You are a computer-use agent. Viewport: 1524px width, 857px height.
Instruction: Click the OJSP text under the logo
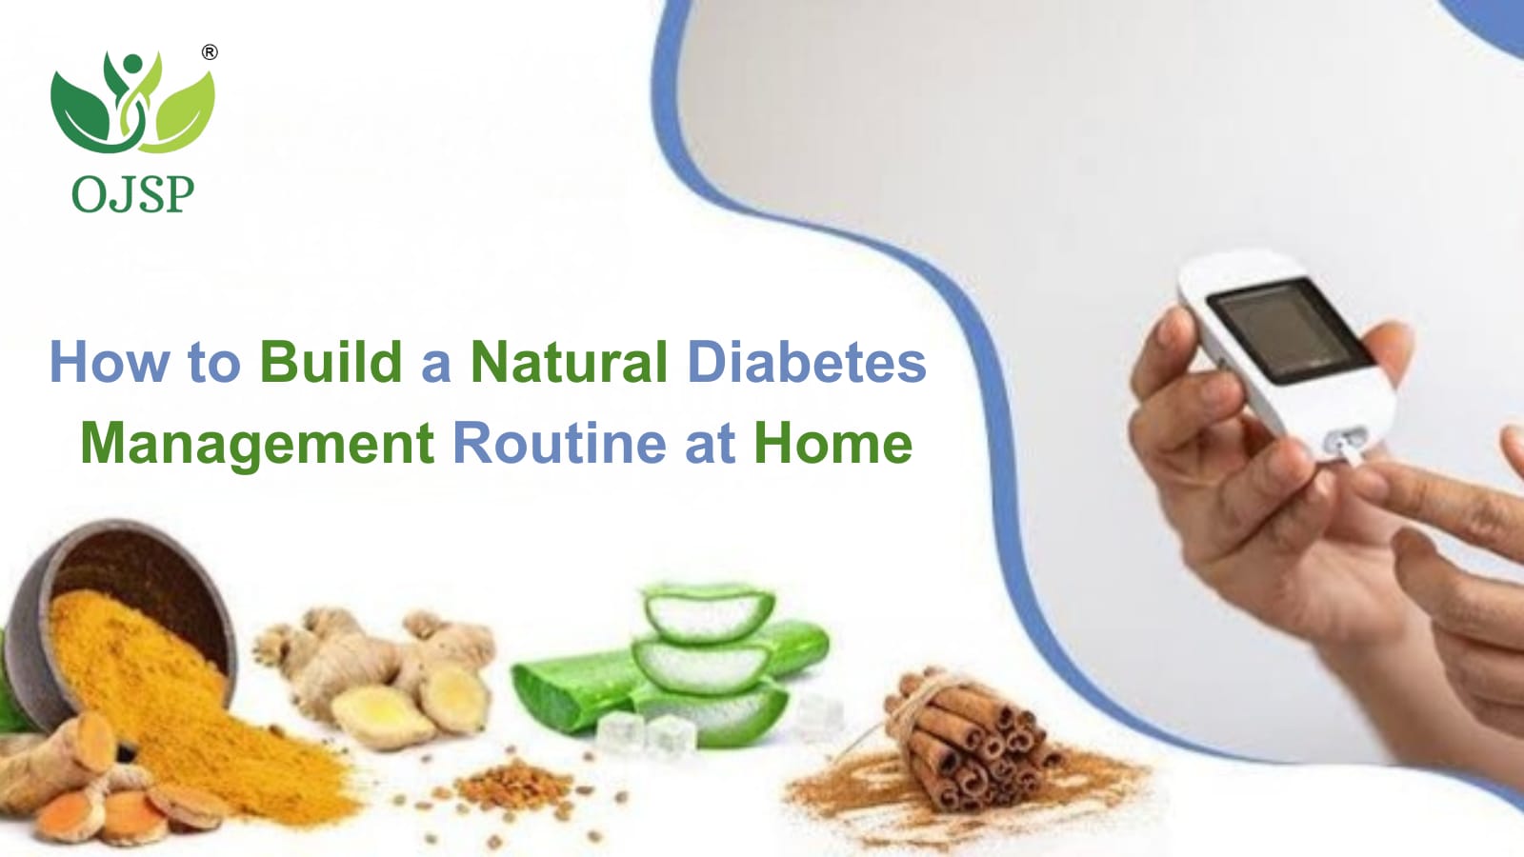click(132, 194)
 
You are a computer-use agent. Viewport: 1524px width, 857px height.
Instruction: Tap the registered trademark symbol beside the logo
click(211, 52)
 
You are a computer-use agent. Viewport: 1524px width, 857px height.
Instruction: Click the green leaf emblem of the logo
click(132, 102)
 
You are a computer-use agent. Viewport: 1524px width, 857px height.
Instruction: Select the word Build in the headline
click(331, 362)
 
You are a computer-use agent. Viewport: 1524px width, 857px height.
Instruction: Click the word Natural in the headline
click(569, 362)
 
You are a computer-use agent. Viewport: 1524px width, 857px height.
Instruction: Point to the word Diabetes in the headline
click(807, 362)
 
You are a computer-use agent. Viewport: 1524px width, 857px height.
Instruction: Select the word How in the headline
click(109, 362)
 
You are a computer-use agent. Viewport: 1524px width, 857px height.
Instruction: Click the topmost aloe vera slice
click(709, 612)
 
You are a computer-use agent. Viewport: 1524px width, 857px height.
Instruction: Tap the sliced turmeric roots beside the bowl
click(102, 782)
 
